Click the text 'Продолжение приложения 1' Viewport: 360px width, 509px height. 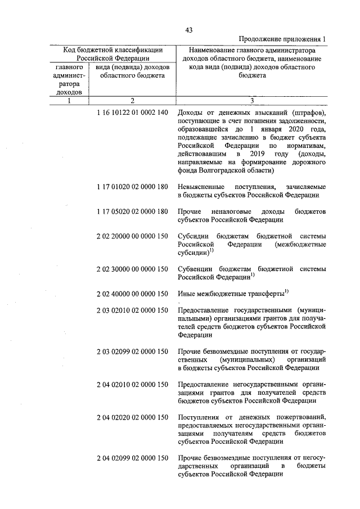coord(282,39)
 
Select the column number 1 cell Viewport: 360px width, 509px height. coord(69,101)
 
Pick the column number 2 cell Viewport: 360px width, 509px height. coord(132,101)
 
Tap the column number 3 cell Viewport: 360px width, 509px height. coord(252,101)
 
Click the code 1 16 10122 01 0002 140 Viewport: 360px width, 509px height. coord(132,112)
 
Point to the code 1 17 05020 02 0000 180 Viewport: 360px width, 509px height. coord(132,211)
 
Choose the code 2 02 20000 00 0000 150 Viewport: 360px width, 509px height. coord(132,237)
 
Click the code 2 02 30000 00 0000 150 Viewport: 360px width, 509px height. coord(132,269)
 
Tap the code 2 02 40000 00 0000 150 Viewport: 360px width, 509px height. coord(132,294)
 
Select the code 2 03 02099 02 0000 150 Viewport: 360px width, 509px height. coord(132,351)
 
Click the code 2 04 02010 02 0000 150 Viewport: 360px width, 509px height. coord(132,384)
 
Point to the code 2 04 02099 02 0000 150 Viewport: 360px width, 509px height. coord(132,458)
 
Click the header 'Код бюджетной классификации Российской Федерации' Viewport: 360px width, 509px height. coord(112,53)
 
